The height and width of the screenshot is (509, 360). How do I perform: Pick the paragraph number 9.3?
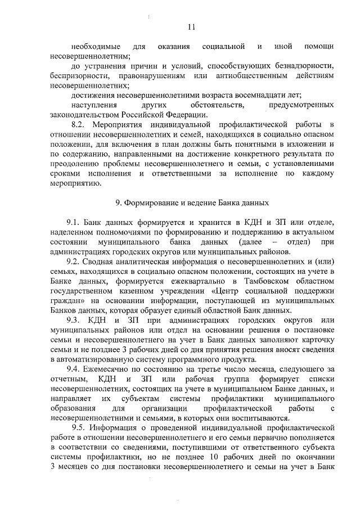tap(76, 319)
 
